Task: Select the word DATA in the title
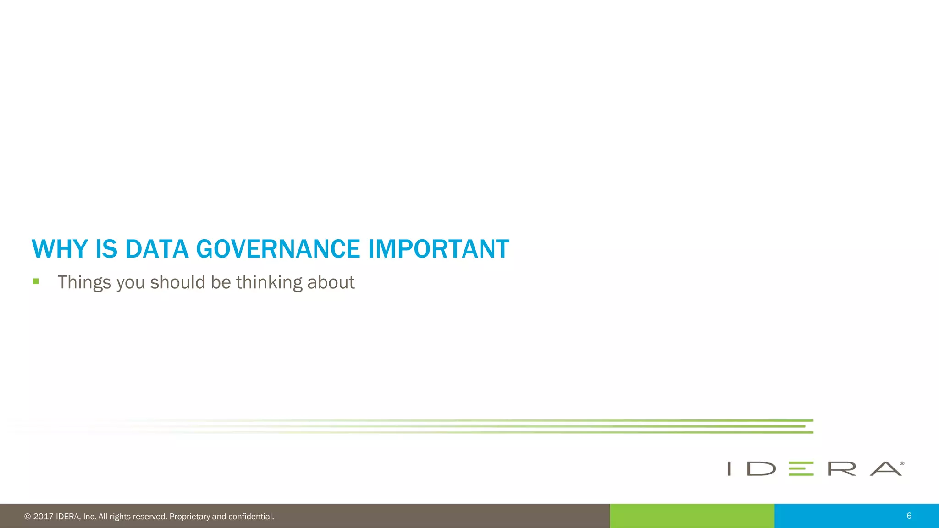pos(157,249)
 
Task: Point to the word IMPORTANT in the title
pos(438,249)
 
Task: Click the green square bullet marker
pos(36,281)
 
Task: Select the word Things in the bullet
pos(84,283)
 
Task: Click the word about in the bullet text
pos(331,283)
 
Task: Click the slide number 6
pos(909,516)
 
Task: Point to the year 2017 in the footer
pos(43,517)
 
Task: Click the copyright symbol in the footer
pos(28,517)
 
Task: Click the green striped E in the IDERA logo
pos(801,469)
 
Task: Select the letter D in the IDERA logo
pos(761,469)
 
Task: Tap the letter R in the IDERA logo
pos(842,469)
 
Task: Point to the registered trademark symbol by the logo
pos(902,463)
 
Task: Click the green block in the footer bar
pos(692,516)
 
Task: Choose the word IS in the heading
pos(106,249)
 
